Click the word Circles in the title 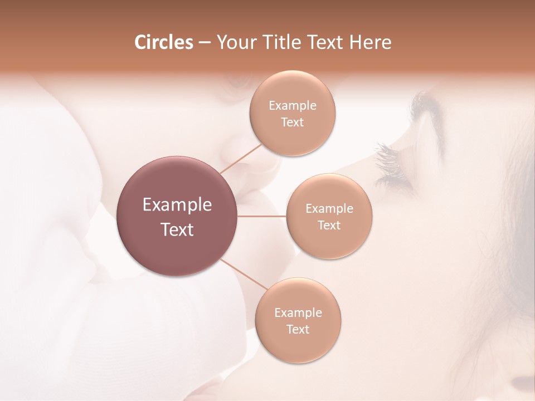coord(163,42)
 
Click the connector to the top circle coord(240,158)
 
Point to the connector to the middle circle coord(262,216)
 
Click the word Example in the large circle coord(177,205)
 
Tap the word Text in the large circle coord(177,229)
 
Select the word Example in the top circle coord(293,105)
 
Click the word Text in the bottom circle coord(298,329)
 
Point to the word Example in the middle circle coord(329,208)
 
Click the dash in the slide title coord(205,42)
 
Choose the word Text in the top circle coord(293,122)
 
